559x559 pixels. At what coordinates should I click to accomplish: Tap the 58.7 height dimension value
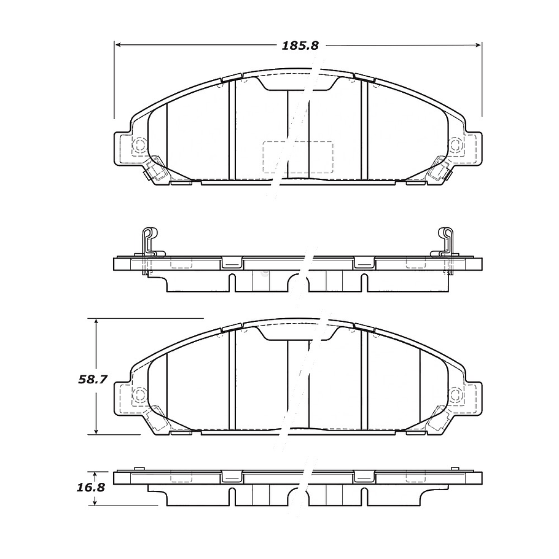click(93, 380)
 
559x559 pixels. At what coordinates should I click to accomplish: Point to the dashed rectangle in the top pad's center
click(297, 156)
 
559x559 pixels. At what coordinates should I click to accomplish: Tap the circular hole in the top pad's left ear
click(139, 146)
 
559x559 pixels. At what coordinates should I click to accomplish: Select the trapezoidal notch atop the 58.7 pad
click(298, 332)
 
